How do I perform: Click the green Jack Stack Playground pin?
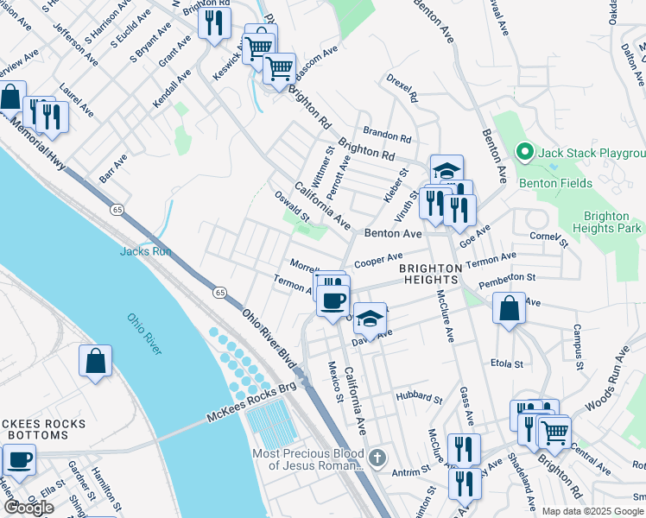pos(523,153)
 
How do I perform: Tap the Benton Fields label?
pos(555,183)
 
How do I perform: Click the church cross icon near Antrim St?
pos(376,457)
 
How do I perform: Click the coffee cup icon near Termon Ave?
pos(333,301)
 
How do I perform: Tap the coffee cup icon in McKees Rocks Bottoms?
pos(18,460)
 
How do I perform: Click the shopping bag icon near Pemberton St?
pos(510,307)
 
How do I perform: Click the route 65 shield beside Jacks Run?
pos(116,209)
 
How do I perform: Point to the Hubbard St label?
pos(419,398)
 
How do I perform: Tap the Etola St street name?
pos(507,363)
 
